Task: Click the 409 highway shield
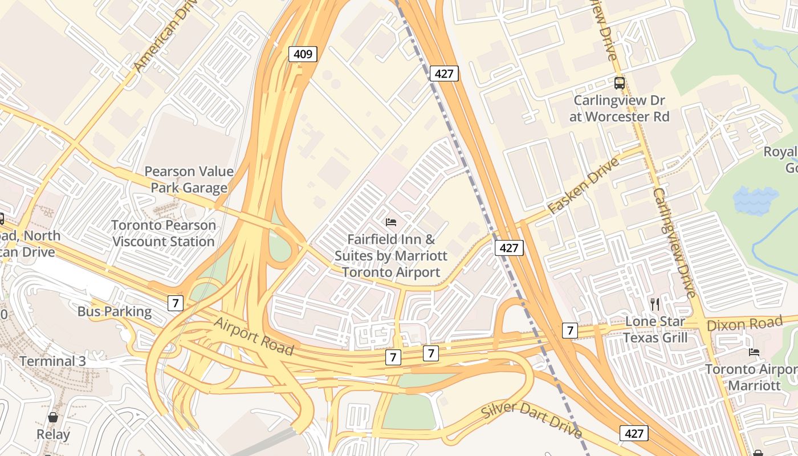point(302,54)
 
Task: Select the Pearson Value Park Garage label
point(189,180)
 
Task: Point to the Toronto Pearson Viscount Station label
point(164,233)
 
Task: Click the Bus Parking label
point(115,312)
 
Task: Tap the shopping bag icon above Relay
point(53,418)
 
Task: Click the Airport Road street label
point(254,336)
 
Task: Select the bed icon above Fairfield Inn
point(391,222)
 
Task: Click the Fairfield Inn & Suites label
point(391,256)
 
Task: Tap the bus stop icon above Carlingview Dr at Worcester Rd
point(619,83)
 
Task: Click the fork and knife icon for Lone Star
point(655,304)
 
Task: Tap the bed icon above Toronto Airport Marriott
point(754,352)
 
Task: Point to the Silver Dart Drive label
point(531,420)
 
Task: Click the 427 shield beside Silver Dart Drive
point(634,433)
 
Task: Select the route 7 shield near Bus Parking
point(176,303)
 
